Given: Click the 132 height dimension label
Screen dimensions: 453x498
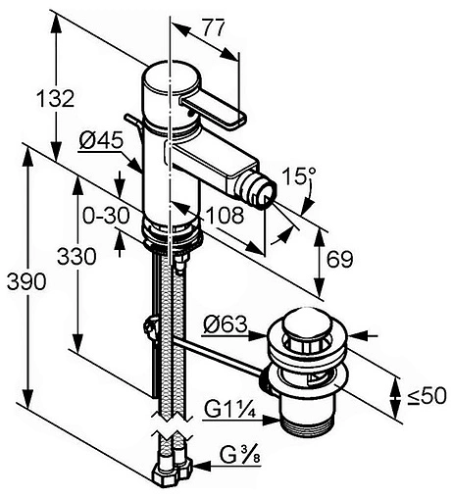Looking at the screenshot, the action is pos(55,98).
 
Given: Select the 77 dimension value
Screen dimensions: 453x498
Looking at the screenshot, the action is pos(214,27).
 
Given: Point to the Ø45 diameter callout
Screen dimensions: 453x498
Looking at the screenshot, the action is pos(101,141).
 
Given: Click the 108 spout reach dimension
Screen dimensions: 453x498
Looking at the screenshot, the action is pos(225,216).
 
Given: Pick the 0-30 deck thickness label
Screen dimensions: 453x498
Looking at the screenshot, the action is pos(106,216).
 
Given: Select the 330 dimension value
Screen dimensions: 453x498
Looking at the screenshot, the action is pos(76,256).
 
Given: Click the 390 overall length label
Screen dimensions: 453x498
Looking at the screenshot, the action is pos(26,281).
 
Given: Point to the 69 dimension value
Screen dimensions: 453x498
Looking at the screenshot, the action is pos(340,260).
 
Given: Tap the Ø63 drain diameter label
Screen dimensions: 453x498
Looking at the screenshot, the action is pos(226,324).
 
